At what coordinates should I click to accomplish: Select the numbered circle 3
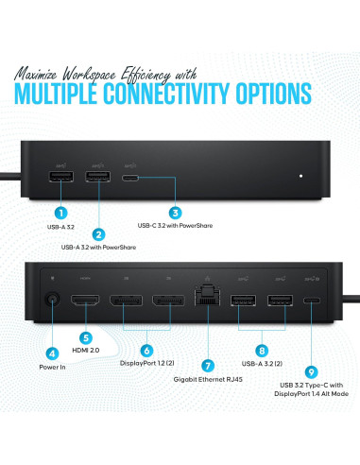click(176, 214)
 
